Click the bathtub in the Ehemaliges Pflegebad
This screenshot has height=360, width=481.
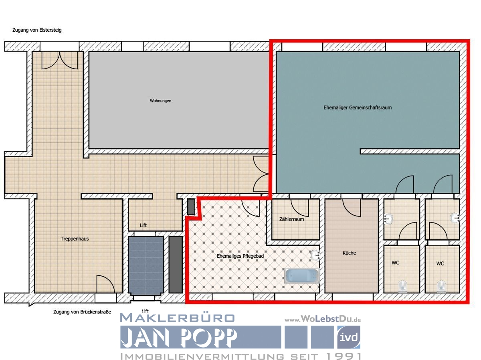[302, 276]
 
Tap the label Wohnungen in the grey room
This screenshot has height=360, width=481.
[160, 101]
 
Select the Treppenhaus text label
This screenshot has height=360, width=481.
[75, 239]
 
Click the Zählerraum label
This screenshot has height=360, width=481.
[291, 219]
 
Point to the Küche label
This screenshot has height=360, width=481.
[349, 253]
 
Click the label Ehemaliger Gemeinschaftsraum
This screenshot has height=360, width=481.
[358, 107]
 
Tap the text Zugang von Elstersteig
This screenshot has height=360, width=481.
[36, 30]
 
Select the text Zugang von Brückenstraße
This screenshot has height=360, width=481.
[82, 312]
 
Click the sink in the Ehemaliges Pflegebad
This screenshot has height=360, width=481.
[315, 255]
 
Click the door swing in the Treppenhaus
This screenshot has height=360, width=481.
[105, 283]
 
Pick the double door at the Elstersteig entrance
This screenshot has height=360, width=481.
[60, 60]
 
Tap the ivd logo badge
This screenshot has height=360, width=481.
[348, 337]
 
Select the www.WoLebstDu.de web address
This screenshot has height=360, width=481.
[323, 320]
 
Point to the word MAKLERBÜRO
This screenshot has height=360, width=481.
[177, 318]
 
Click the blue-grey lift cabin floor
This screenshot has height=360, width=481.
[146, 265]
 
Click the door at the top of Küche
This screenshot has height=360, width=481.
[352, 206]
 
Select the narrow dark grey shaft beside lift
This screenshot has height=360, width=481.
[175, 265]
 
